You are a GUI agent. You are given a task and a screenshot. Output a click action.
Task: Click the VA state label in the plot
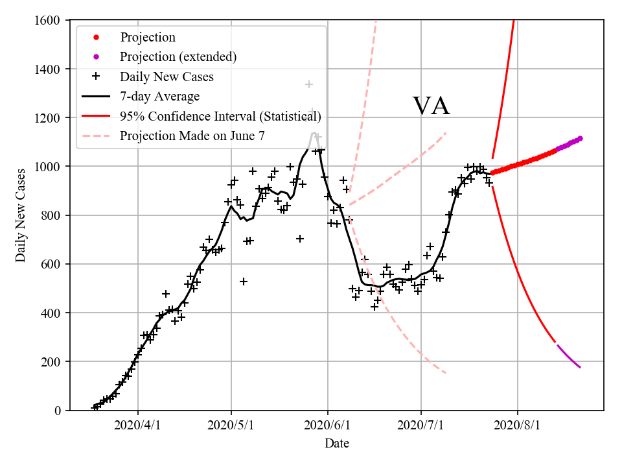[x=432, y=106]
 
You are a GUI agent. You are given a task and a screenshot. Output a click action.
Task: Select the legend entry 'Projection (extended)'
[x=178, y=57]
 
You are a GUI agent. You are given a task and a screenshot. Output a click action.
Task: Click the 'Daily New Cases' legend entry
[x=167, y=77]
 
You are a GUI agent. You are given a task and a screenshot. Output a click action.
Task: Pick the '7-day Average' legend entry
[x=159, y=97]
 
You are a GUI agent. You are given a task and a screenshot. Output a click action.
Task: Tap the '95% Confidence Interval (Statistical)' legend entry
[x=220, y=117]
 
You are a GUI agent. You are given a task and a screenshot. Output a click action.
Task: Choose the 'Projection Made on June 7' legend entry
[x=192, y=136]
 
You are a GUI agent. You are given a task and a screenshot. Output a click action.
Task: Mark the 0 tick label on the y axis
[x=58, y=411]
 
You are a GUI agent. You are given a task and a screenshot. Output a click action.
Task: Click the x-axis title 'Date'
[x=337, y=444]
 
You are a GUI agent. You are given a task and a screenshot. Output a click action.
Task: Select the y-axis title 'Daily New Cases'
[x=21, y=215]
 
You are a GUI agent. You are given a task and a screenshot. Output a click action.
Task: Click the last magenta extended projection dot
[x=580, y=138]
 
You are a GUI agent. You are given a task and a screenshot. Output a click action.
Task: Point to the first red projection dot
[x=492, y=173]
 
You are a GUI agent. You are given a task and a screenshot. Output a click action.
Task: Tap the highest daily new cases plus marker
[x=309, y=84]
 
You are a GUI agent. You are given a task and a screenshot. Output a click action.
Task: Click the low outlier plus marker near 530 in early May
[x=244, y=281]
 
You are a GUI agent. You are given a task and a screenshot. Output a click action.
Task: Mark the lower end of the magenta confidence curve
[x=580, y=368]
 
